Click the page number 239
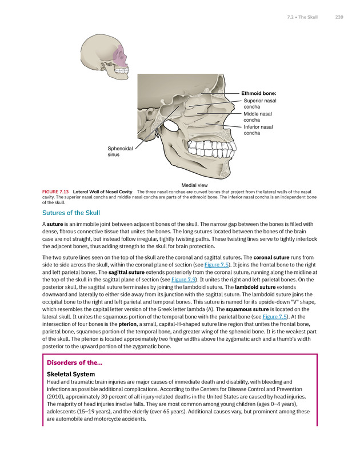click(x=339, y=17)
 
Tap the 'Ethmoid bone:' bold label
click(x=259, y=93)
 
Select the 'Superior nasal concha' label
click(x=259, y=103)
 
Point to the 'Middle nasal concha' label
click(x=258, y=117)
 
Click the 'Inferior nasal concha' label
click(x=258, y=130)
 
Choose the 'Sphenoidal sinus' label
click(x=120, y=152)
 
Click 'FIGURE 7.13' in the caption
click(x=55, y=191)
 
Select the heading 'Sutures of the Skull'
click(x=71, y=212)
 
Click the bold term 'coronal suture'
click(x=266, y=258)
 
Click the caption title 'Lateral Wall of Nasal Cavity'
click(x=103, y=191)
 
